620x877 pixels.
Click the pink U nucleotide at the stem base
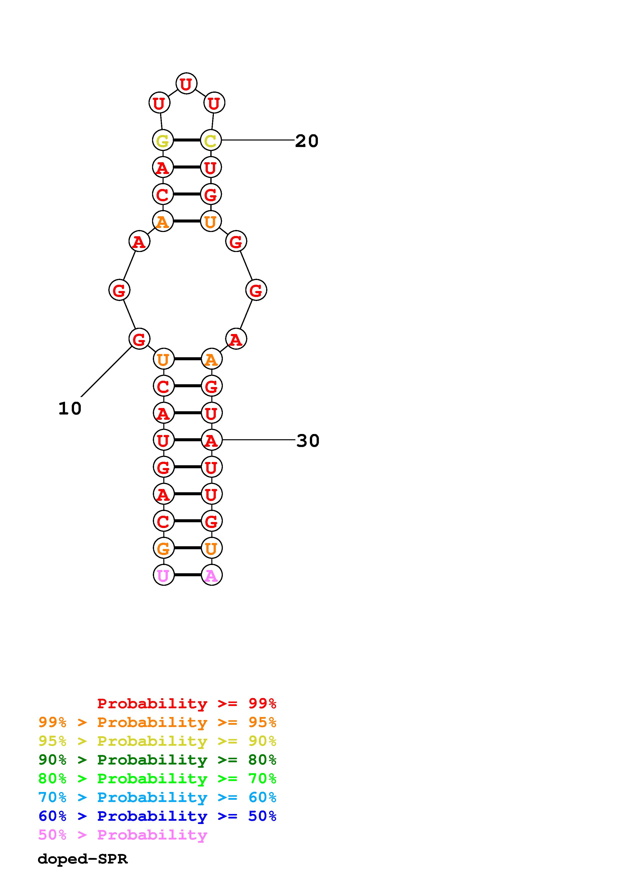pyautogui.click(x=164, y=575)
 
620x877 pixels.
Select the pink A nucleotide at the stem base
pyautogui.click(x=212, y=575)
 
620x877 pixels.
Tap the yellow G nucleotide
pyautogui.click(x=163, y=140)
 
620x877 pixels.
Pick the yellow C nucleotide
pyautogui.click(x=211, y=140)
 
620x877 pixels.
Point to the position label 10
pyautogui.click(x=70, y=408)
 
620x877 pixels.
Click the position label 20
pyautogui.click(x=307, y=141)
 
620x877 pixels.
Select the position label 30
pyautogui.click(x=308, y=440)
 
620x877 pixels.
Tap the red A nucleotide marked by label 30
pyautogui.click(x=212, y=440)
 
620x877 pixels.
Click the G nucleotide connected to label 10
pyautogui.click(x=139, y=339)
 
